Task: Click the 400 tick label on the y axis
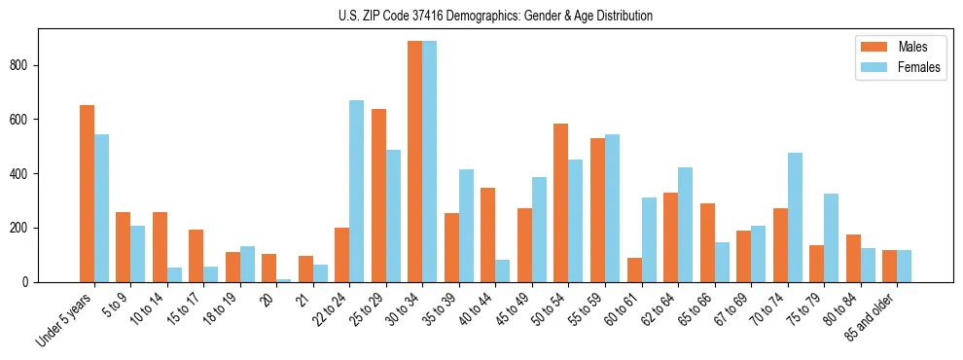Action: (23, 174)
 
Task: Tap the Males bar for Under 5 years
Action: (87, 194)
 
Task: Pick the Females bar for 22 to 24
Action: (357, 191)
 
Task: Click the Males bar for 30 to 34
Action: (415, 162)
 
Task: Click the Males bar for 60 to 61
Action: (634, 270)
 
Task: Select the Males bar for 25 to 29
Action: (378, 196)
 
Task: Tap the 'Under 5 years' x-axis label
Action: (66, 318)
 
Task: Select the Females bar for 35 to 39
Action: (466, 226)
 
